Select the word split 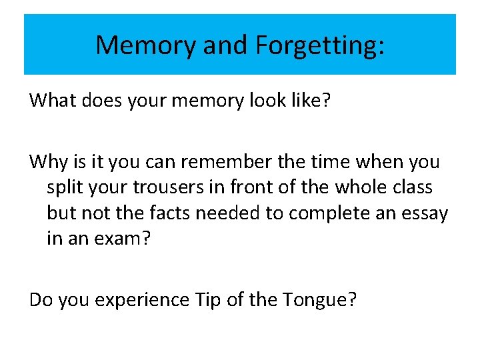click(65, 187)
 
